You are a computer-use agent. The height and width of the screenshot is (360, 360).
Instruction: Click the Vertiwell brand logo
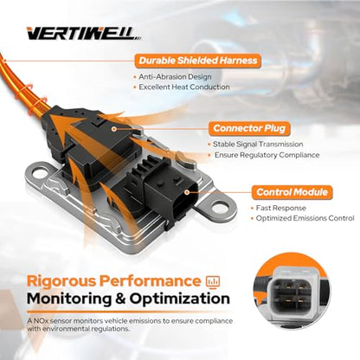[84, 34]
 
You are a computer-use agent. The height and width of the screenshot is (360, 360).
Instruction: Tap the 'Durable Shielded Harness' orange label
[198, 61]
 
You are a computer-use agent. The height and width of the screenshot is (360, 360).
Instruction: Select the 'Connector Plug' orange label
[249, 128]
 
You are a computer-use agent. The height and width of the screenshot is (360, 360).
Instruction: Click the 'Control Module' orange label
[292, 192]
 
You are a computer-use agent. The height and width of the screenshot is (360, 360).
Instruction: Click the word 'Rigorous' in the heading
[61, 281]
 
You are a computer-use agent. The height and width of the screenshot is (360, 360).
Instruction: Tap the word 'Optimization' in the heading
[180, 299]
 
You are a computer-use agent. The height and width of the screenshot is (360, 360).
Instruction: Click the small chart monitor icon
[213, 282]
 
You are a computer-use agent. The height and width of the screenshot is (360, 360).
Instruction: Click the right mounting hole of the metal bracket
[218, 206]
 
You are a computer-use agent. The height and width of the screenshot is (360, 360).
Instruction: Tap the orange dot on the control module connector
[187, 192]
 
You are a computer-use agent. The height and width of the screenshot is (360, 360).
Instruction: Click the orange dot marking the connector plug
[114, 129]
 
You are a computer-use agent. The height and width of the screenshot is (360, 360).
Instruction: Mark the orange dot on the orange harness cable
[4, 61]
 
